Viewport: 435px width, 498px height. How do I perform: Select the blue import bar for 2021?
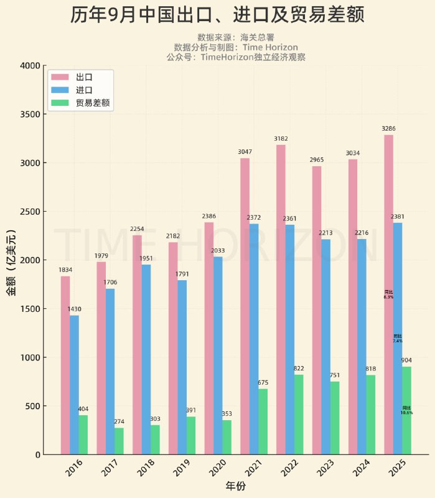254,339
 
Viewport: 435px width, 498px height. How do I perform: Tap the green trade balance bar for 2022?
299,414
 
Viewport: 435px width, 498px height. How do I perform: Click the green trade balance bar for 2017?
119,441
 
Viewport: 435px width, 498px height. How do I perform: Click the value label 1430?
74,309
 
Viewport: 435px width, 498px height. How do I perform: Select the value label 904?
406,360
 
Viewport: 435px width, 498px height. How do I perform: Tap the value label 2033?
218,250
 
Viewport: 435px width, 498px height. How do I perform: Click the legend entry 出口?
84,77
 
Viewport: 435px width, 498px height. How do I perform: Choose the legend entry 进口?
84,90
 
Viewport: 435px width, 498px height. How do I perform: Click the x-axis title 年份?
235,486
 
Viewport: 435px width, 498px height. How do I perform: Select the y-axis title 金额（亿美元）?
11,260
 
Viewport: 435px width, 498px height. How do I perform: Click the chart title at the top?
217,16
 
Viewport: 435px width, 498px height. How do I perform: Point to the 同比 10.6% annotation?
406,410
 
